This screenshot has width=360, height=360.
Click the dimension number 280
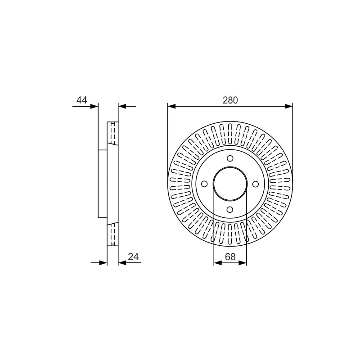pyautogui.click(x=230, y=100)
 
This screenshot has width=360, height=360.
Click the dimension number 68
pyautogui.click(x=230, y=257)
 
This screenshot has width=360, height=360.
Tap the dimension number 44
pyautogui.click(x=82, y=100)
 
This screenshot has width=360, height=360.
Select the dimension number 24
pyautogui.click(x=133, y=257)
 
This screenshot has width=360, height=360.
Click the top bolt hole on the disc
pyautogui.click(x=230, y=158)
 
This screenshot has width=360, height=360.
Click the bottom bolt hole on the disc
pyautogui.click(x=230, y=209)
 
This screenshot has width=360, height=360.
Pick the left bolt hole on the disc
pyautogui.click(x=204, y=184)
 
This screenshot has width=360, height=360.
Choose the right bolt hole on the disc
pyautogui.click(x=256, y=184)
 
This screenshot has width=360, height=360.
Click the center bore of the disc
pyautogui.click(x=230, y=184)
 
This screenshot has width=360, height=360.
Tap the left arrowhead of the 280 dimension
pyautogui.click(x=171, y=106)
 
